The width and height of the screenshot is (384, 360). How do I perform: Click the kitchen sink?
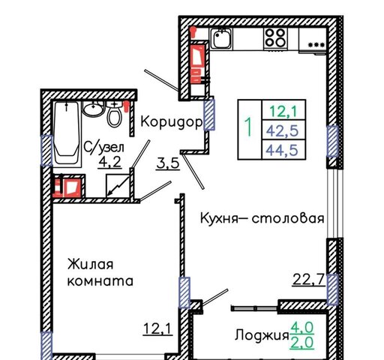coord(221,38)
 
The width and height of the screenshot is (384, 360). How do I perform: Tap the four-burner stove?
coord(275,37)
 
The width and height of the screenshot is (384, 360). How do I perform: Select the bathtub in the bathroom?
coord(67,133)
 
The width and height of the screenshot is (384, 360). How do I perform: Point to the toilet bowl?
coord(115,115)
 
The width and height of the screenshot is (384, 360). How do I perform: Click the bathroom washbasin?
coord(94,109)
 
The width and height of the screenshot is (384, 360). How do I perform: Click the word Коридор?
coord(172,122)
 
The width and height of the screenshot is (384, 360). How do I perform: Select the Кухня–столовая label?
coord(262,218)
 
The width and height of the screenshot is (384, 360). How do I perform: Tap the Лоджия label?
coord(262,334)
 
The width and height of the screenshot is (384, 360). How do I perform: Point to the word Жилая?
coord(91,264)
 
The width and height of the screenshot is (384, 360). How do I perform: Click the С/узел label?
coord(104,147)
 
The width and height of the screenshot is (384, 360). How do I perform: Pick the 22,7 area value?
coord(309,280)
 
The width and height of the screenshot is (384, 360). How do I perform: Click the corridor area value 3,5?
coord(168,163)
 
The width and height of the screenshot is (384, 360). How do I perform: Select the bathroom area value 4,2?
coord(110,162)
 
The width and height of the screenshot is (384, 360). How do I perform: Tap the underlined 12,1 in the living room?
coord(157,328)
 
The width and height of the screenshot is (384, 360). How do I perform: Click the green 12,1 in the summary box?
coord(283,111)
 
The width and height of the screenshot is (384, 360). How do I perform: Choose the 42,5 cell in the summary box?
coord(283,130)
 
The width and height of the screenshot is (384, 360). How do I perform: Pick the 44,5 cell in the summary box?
coord(282,150)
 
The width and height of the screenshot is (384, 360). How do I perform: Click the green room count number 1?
coord(248,127)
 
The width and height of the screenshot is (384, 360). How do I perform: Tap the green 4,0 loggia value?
coord(302,328)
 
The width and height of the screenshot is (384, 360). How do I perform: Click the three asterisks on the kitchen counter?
coord(316,45)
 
